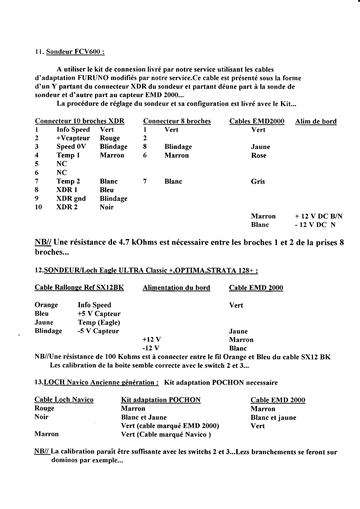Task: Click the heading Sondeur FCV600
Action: tap(75, 52)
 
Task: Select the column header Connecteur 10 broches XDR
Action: tap(80, 121)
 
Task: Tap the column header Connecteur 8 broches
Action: tap(177, 121)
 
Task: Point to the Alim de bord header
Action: tap(316, 121)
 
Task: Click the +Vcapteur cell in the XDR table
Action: tap(73, 138)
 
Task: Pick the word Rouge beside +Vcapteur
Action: tap(110, 138)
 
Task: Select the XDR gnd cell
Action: tap(71, 199)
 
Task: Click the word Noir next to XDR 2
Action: tap(106, 207)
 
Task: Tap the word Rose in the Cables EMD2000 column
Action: tap(259, 155)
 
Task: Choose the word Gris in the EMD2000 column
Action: tap(258, 181)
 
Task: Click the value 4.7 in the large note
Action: tap(125, 243)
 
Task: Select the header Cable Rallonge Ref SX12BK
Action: tap(79, 288)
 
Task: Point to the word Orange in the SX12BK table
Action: tap(46, 305)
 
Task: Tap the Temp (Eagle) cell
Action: tap(99, 323)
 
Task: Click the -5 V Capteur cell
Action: tap(98, 331)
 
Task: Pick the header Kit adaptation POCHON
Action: tap(161, 400)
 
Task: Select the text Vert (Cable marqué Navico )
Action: tap(166, 434)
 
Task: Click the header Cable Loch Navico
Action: tap(64, 400)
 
